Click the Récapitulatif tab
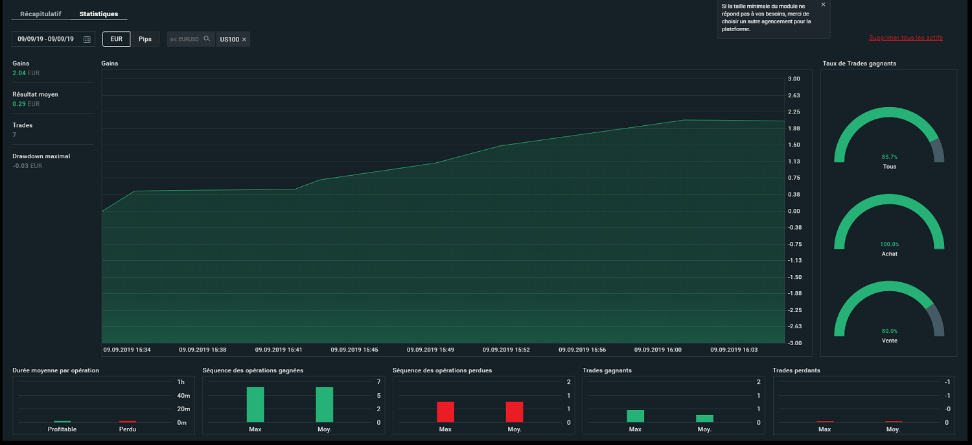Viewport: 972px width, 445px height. (x=40, y=14)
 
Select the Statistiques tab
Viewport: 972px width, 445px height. (x=98, y=14)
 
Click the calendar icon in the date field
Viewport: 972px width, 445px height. (x=87, y=39)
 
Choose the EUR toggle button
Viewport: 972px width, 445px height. (x=116, y=39)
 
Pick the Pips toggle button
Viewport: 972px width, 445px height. (x=145, y=39)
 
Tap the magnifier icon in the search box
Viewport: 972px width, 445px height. (x=207, y=39)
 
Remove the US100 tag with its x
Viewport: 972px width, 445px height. (x=244, y=40)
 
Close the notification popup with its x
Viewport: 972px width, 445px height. (x=823, y=5)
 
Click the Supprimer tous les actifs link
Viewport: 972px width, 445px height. (x=906, y=38)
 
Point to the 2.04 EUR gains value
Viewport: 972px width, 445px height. (x=26, y=73)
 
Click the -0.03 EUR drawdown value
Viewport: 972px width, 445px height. (x=27, y=165)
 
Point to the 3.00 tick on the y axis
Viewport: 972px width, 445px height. (x=794, y=78)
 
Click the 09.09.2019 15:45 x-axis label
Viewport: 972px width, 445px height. (x=354, y=350)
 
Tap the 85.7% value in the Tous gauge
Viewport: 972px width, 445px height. (x=889, y=157)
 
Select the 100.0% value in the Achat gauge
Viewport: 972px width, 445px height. (x=889, y=244)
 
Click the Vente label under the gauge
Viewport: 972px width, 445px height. (x=889, y=341)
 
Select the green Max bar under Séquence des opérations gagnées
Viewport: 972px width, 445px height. (x=255, y=405)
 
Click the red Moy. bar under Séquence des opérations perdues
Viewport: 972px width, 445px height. (x=515, y=412)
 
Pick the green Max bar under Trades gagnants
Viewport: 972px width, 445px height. (x=635, y=416)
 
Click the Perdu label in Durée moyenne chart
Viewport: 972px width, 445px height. (x=128, y=429)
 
